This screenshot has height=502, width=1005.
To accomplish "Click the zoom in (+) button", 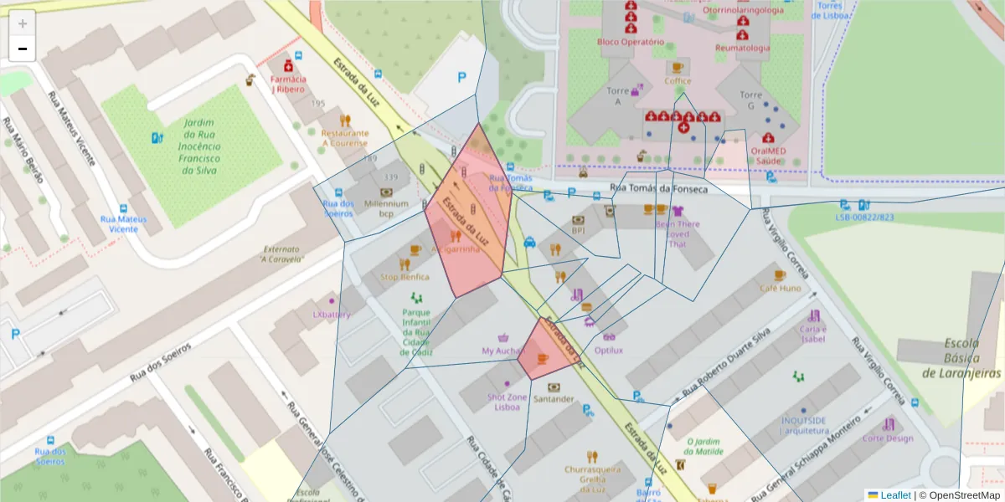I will [23, 23].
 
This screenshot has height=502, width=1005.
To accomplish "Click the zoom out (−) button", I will [23, 49].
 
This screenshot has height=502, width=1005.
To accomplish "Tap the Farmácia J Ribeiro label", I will [288, 84].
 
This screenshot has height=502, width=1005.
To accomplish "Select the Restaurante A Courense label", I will [345, 137].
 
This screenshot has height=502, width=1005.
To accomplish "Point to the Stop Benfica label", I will [405, 276].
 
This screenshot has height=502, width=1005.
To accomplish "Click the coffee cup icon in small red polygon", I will [543, 359].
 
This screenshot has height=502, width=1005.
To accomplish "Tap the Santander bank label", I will [554, 399].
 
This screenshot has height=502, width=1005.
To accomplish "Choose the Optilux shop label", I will [608, 350].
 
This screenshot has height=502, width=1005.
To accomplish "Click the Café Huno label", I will [780, 288].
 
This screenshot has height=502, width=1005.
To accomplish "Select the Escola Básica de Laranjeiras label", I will [961, 358].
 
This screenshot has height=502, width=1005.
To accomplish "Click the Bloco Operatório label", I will [631, 42].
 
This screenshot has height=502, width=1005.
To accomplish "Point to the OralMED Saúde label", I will [768, 155].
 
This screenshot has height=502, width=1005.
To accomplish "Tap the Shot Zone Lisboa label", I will [508, 402].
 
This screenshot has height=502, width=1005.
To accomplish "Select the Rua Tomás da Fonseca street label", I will [658, 189].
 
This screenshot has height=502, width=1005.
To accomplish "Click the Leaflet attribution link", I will [895, 495].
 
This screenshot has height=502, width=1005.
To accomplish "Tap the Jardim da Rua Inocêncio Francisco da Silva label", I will [199, 146].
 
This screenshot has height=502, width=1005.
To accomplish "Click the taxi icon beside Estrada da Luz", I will [529, 243].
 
